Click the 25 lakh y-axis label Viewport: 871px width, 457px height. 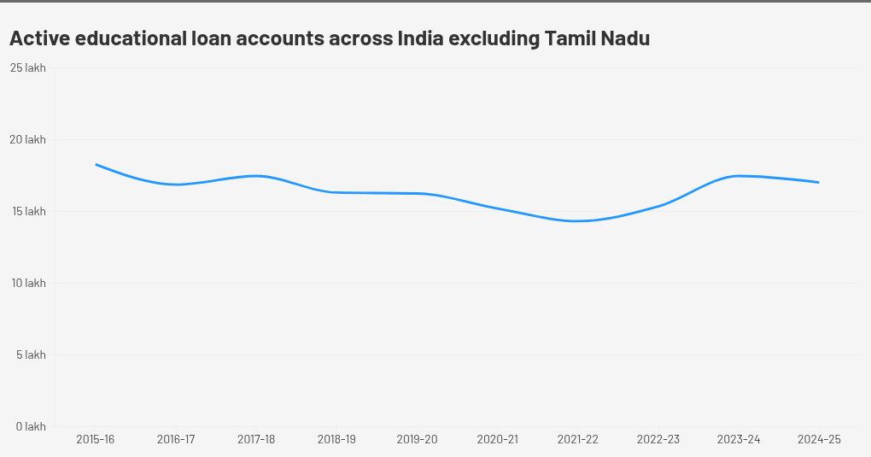(x=29, y=67)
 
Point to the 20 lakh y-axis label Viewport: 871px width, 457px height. (x=29, y=139)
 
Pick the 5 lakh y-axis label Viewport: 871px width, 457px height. (x=31, y=354)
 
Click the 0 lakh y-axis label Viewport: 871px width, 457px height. (x=30, y=426)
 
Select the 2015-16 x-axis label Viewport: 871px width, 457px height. (x=96, y=439)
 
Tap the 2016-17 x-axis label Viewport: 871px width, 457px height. (x=176, y=439)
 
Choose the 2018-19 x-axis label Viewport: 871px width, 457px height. (x=336, y=439)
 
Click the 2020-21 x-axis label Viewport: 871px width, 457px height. (x=497, y=439)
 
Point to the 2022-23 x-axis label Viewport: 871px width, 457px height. (x=658, y=439)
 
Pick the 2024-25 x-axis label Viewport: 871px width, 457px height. (x=819, y=439)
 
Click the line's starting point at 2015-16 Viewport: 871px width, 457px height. (x=96, y=164)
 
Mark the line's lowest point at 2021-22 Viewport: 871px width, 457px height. (x=578, y=221)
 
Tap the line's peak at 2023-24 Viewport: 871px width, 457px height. (x=739, y=176)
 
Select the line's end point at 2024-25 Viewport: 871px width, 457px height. (x=819, y=182)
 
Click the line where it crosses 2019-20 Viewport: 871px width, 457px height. (x=418, y=193)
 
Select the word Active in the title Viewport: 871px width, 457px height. (x=38, y=38)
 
